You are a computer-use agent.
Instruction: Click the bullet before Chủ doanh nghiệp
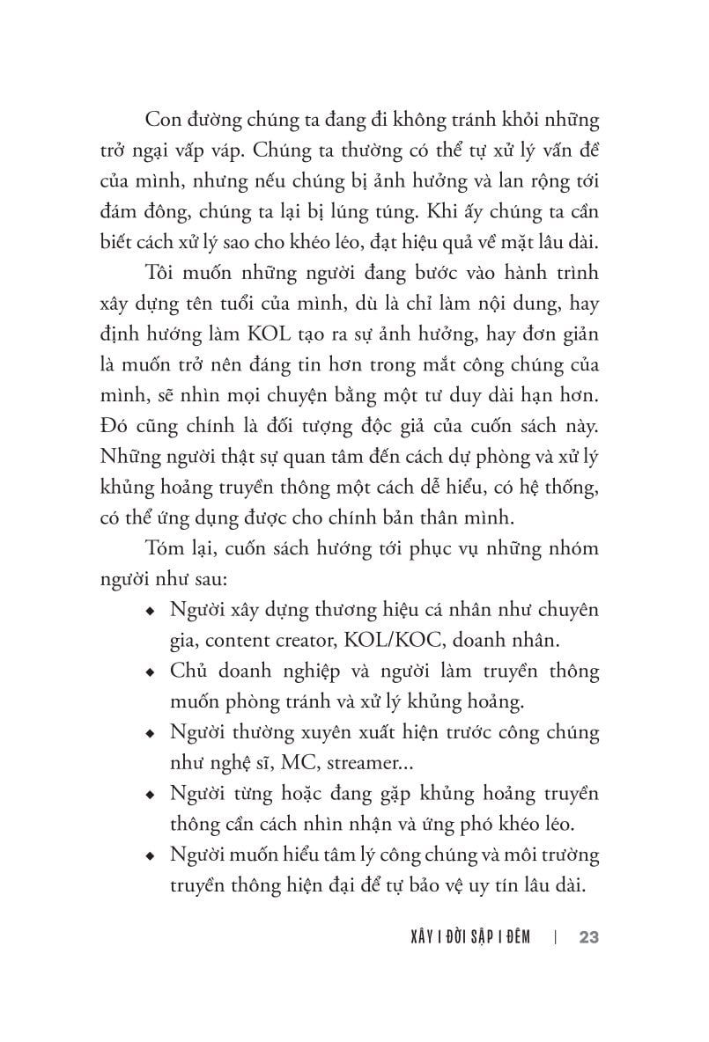tap(153, 673)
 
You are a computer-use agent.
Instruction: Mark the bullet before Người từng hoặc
tap(153, 795)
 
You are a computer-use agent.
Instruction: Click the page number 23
tap(589, 937)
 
